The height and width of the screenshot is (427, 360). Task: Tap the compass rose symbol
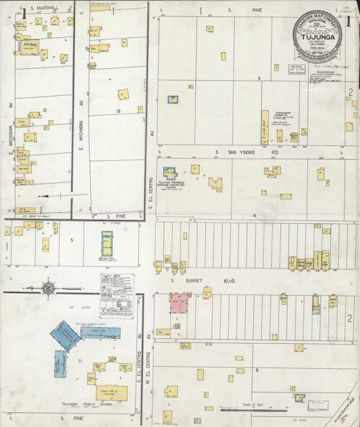(49, 288)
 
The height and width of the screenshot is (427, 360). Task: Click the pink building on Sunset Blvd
(178, 303)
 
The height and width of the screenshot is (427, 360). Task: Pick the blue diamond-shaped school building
(66, 334)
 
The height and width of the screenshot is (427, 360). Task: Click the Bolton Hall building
(107, 244)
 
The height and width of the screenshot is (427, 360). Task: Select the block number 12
(44, 109)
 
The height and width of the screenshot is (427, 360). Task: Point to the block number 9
(257, 370)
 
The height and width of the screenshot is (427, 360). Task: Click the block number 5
(71, 239)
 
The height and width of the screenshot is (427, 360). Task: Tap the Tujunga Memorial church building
(170, 174)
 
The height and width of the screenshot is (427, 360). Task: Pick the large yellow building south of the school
(111, 393)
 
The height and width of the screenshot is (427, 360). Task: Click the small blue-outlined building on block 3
(173, 99)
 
